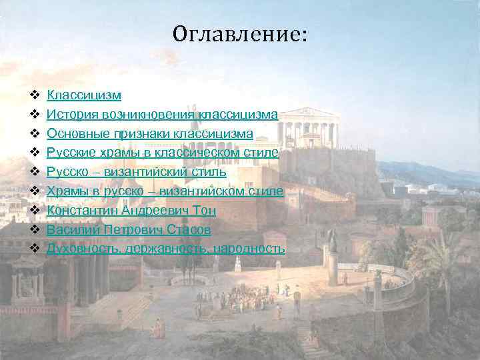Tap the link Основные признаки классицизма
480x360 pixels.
click(149, 134)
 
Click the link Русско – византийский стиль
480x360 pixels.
click(136, 173)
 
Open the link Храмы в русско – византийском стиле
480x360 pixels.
click(165, 192)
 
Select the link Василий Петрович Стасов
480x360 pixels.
click(129, 230)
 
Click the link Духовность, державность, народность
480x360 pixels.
click(165, 249)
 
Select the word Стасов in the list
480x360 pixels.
click(188, 230)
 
